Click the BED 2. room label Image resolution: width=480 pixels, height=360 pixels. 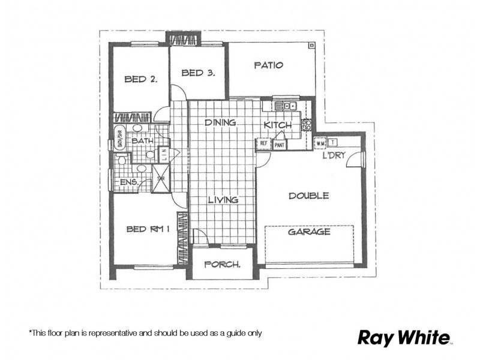click(x=140, y=79)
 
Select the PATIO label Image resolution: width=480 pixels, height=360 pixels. click(x=268, y=65)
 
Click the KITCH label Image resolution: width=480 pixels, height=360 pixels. click(x=278, y=125)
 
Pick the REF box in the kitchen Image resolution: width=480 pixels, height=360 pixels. click(x=263, y=144)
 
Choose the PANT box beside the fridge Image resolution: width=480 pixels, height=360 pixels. click(x=279, y=145)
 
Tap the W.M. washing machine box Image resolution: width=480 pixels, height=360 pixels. click(x=320, y=143)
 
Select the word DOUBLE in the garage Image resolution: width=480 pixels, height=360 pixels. click(x=308, y=196)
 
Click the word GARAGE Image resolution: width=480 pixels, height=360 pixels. click(x=309, y=232)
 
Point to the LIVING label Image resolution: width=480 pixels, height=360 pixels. click(x=223, y=200)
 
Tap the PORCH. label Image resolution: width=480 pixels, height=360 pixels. click(x=223, y=264)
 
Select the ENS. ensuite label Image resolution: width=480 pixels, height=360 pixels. click(x=130, y=182)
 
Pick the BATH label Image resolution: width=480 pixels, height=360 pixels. click(x=143, y=141)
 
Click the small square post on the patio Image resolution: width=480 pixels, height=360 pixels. click(x=310, y=46)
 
